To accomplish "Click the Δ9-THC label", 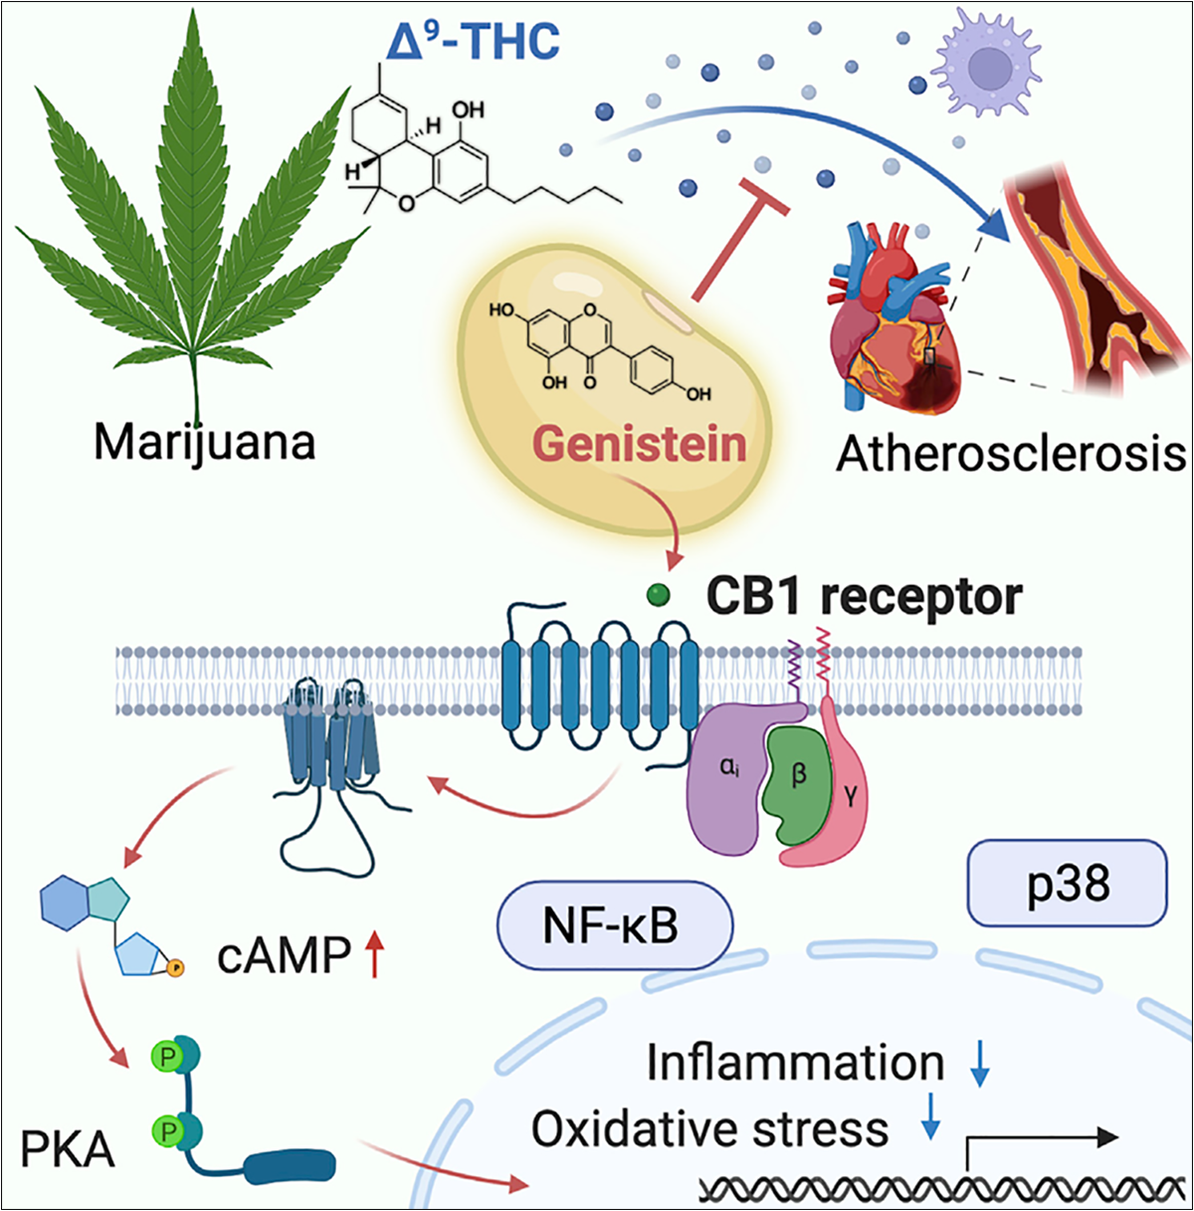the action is pos(474,41).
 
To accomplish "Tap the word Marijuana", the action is pos(204,443).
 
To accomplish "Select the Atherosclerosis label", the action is pos(1011,453).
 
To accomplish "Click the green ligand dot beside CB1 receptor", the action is pos(658,594).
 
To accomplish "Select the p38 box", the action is pos(1067,883).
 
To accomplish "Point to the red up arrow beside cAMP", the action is pos(374,954).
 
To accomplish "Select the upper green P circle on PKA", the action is pos(167,1057).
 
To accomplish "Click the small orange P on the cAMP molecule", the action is pos(176,968).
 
